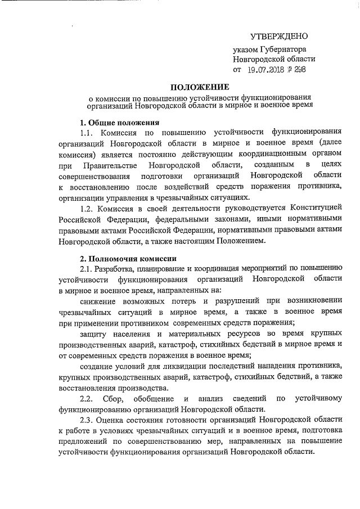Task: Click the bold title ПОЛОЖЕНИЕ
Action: point(200,87)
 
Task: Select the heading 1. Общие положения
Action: point(119,123)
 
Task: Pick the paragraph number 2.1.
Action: point(89,268)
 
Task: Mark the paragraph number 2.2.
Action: point(89,399)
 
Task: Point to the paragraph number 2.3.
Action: point(89,420)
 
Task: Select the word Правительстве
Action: point(109,165)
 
